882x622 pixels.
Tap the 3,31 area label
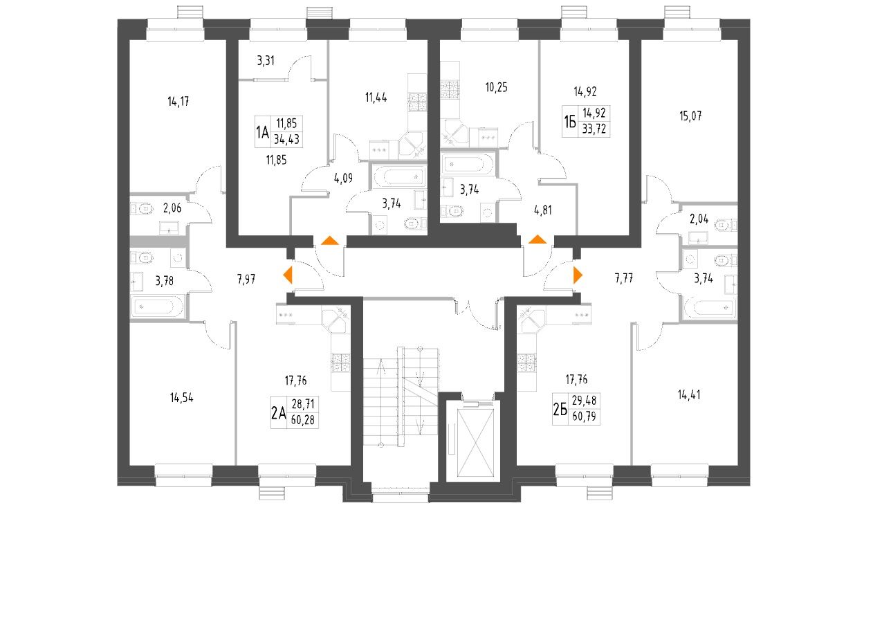coord(266,61)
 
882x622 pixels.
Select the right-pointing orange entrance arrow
coord(578,275)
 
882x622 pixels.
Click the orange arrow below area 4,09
coord(330,241)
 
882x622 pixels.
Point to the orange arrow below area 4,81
coord(537,240)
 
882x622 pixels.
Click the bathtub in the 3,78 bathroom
coord(158,305)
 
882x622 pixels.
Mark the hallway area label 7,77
coord(625,280)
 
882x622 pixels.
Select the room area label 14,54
coord(181,398)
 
